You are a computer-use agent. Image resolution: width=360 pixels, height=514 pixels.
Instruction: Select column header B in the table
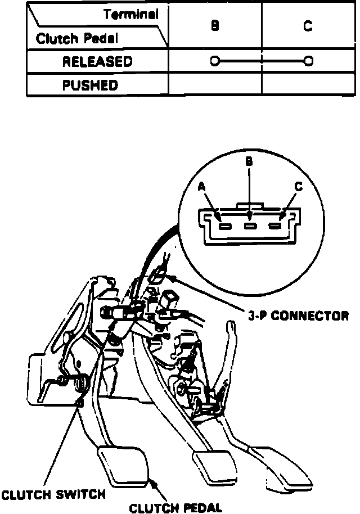click(x=215, y=26)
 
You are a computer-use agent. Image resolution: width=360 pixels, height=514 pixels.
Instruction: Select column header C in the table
click(x=308, y=26)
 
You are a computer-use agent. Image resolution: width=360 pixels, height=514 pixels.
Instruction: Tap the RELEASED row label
click(x=97, y=61)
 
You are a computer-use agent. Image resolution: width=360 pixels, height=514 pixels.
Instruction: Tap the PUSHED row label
click(x=90, y=86)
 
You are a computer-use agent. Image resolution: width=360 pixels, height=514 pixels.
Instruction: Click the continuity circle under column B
click(x=214, y=61)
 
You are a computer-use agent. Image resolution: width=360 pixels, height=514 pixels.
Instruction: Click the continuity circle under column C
click(x=308, y=61)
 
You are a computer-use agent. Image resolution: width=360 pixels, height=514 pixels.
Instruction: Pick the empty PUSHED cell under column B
click(x=215, y=86)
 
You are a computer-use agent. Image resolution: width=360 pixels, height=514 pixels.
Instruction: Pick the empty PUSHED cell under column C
click(x=308, y=86)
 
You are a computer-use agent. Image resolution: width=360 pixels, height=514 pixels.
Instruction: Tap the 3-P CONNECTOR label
click(x=298, y=316)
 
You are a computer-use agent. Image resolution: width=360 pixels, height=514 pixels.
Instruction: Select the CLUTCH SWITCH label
click(x=53, y=495)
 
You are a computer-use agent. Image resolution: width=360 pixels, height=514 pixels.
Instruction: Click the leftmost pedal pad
click(x=124, y=464)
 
